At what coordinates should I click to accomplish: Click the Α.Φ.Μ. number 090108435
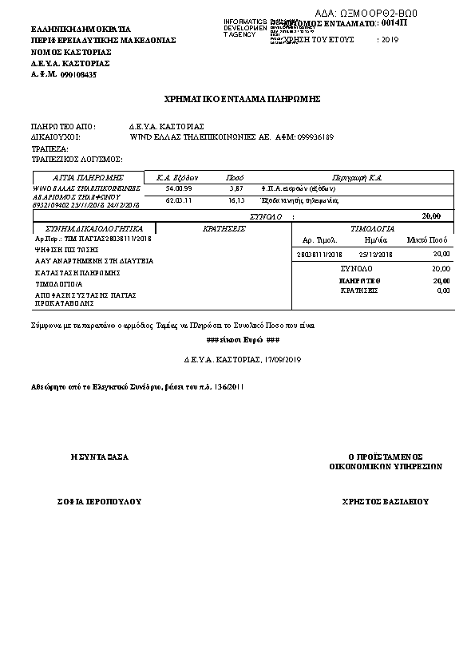(78, 74)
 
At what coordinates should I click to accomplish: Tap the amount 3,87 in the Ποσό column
(236, 188)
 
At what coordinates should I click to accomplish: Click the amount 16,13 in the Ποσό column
(236, 201)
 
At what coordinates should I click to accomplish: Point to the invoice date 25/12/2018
(377, 253)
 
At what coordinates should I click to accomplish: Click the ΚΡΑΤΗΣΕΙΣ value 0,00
(443, 291)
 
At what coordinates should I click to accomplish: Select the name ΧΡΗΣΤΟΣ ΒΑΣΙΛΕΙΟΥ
(385, 502)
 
